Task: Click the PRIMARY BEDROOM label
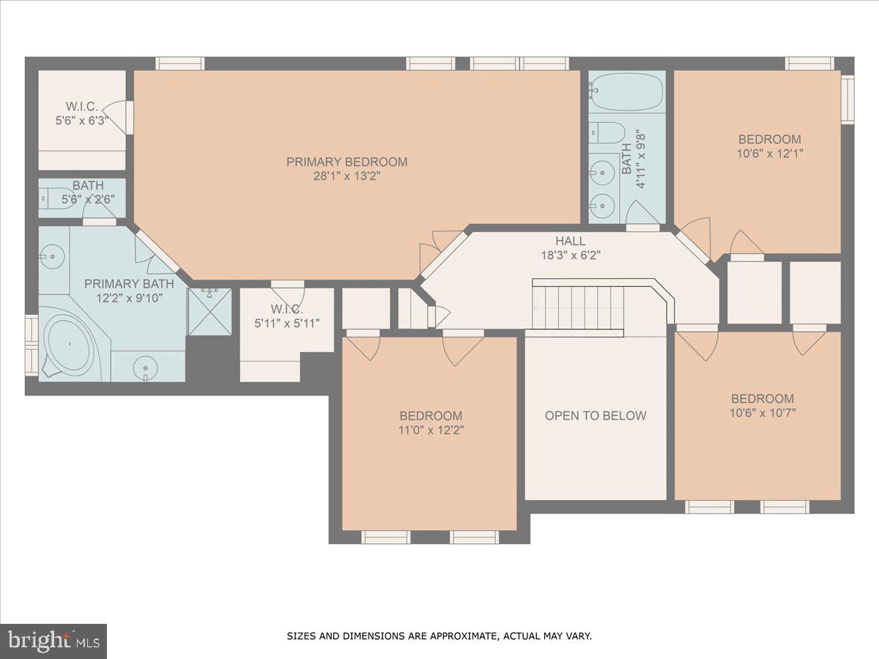tap(346, 162)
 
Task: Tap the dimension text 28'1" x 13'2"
tap(346, 176)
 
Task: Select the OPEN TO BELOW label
tap(596, 416)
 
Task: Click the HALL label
tap(569, 240)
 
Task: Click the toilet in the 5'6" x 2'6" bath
tap(55, 198)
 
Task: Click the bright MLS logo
tap(53, 641)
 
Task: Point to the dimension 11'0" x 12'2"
tap(430, 430)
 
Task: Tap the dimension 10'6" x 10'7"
tap(762, 413)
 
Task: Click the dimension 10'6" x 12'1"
tap(769, 154)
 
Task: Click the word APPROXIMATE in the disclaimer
tap(459, 636)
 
